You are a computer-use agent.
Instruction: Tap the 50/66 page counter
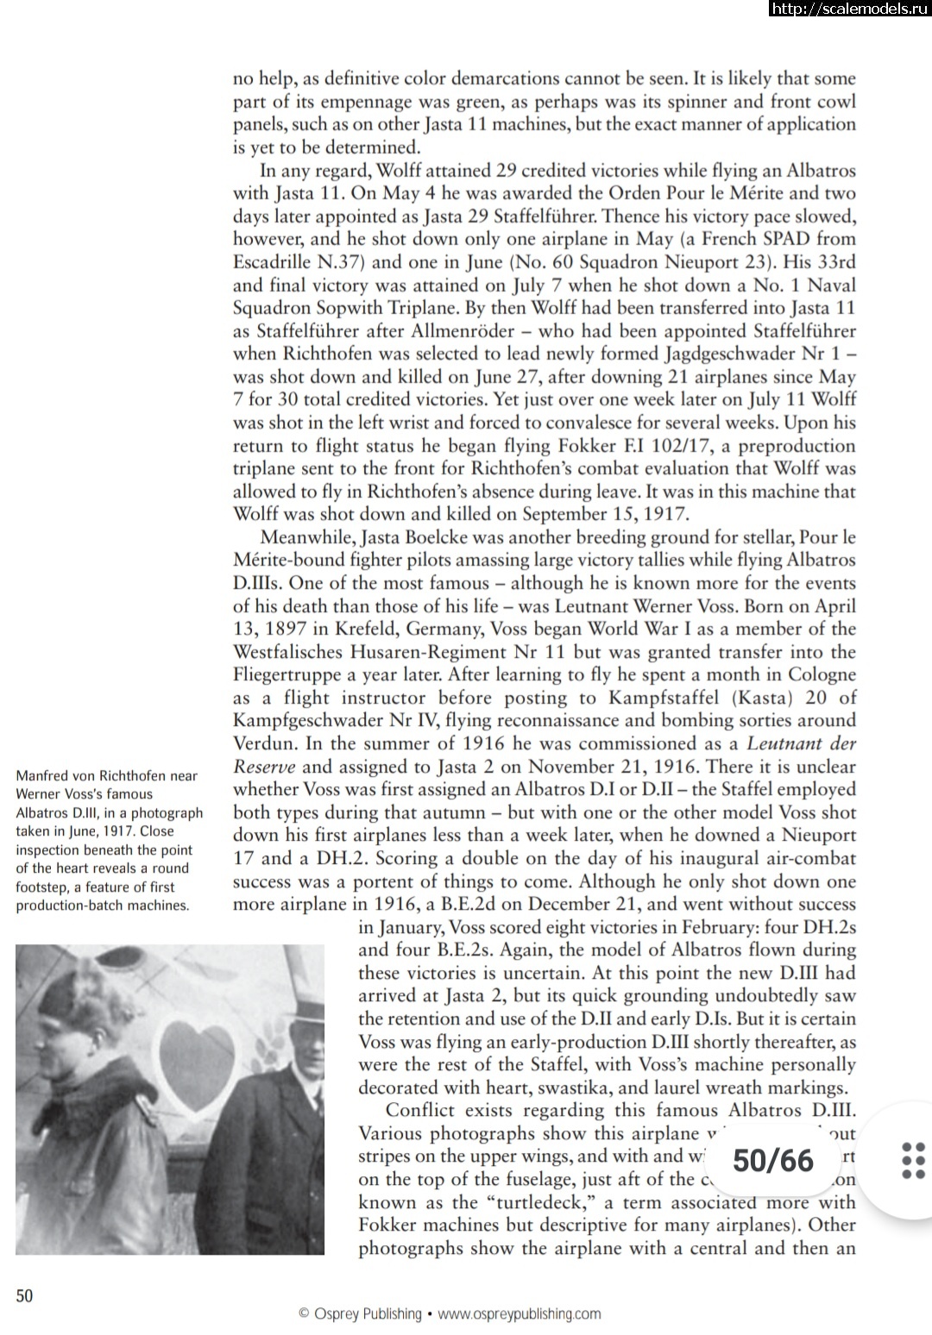(x=773, y=1161)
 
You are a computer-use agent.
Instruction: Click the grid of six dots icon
(x=913, y=1160)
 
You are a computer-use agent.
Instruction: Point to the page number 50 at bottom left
(x=24, y=1295)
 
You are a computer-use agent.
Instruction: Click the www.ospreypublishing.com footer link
(x=519, y=1314)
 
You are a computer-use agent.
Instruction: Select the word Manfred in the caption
(x=44, y=775)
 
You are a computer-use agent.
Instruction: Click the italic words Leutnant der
(x=800, y=743)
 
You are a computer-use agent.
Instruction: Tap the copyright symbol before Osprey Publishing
(x=304, y=1314)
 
